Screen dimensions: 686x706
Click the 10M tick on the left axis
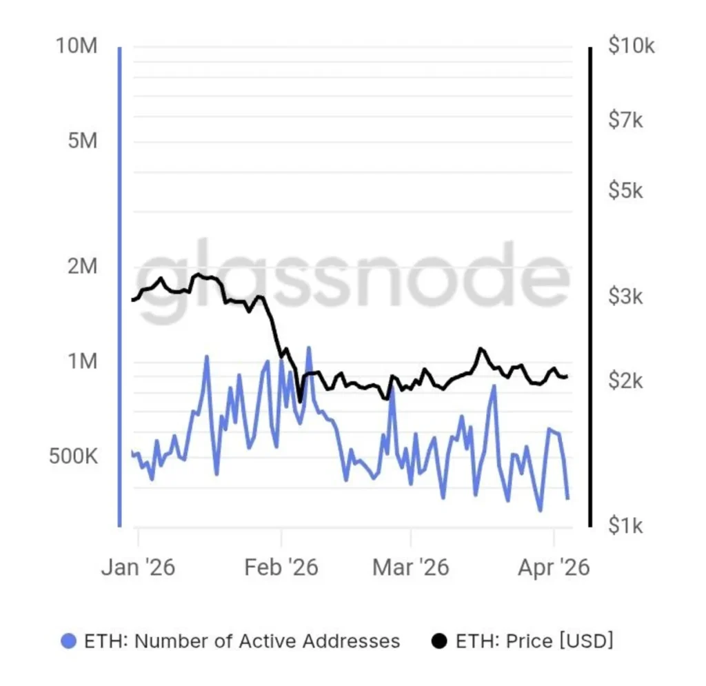click(x=78, y=47)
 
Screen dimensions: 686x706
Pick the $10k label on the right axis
click(x=631, y=47)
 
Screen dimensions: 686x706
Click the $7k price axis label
click(x=626, y=121)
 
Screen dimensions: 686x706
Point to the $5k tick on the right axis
click(x=626, y=190)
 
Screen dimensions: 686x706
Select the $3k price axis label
click(x=626, y=297)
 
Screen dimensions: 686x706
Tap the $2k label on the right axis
click(x=626, y=380)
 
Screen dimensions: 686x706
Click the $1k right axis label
click(x=626, y=527)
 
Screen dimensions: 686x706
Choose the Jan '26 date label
click(x=138, y=567)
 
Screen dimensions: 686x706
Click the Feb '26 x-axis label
click(x=281, y=567)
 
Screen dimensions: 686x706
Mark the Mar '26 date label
click(x=411, y=567)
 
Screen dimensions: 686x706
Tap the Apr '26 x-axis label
click(x=553, y=567)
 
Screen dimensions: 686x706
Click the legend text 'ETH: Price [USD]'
click(x=534, y=641)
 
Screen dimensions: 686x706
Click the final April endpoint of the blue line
click(x=567, y=498)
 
